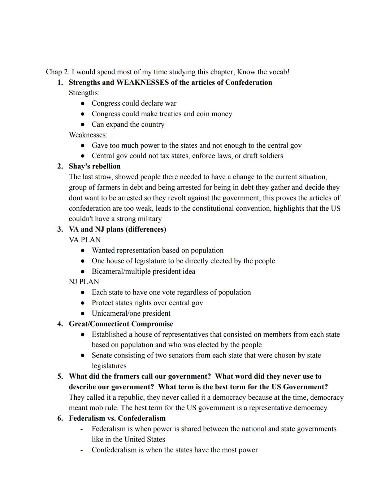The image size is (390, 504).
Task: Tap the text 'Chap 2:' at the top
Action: tap(57, 72)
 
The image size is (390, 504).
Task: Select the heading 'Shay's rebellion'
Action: tap(95, 166)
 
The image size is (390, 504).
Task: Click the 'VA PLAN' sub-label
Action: tap(84, 240)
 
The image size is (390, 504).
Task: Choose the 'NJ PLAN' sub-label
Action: tap(84, 282)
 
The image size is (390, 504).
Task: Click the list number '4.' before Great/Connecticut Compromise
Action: tap(60, 324)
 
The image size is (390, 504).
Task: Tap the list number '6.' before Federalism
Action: tap(60, 418)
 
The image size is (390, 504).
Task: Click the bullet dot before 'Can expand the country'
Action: tap(83, 124)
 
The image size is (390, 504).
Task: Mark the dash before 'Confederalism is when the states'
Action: tap(82, 450)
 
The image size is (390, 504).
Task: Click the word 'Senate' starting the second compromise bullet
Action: tap(102, 355)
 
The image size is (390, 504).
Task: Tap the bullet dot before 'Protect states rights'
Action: tap(83, 303)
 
